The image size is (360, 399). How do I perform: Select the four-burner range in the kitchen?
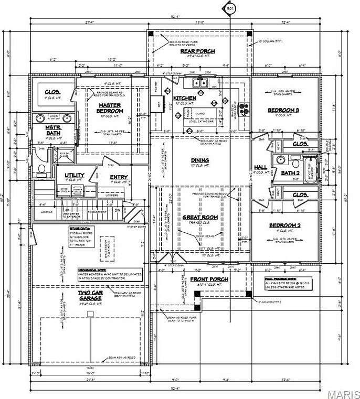pos(243,109)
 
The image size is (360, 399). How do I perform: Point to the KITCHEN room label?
pos(184,98)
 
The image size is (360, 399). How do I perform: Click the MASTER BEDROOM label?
pos(110,108)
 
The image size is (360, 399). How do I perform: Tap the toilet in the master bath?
pos(41,169)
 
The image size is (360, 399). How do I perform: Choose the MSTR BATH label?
pos(52,131)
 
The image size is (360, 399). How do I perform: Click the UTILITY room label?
pos(75,175)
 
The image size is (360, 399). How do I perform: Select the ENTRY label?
pos(119,177)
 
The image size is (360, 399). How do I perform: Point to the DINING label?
pos(200,160)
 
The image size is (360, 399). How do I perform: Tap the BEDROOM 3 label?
pos(283,110)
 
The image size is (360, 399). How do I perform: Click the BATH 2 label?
pos(290,172)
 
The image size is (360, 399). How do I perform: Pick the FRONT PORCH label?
pos(209,279)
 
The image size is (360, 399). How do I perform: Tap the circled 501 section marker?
pos(230,9)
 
